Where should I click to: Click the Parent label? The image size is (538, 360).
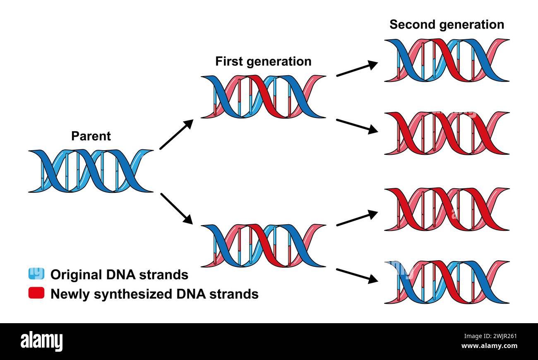[x=91, y=136]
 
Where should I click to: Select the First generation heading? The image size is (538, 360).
[x=263, y=62]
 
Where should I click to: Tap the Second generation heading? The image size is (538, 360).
[x=447, y=25]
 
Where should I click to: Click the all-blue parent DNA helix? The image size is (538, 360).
[x=91, y=171]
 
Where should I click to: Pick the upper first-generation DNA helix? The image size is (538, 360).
[x=263, y=96]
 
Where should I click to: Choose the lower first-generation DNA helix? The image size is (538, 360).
[x=263, y=245]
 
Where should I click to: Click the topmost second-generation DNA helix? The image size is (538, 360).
[x=447, y=60]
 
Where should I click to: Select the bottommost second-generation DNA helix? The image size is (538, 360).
[x=447, y=282]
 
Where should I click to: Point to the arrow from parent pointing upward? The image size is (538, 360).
[x=176, y=134]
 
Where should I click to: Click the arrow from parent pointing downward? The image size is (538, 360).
[x=176, y=209]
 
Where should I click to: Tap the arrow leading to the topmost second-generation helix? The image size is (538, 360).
[x=357, y=69]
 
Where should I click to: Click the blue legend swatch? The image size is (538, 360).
[x=36, y=274]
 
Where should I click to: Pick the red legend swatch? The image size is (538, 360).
[x=36, y=293]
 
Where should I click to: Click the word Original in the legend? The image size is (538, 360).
[x=76, y=275]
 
